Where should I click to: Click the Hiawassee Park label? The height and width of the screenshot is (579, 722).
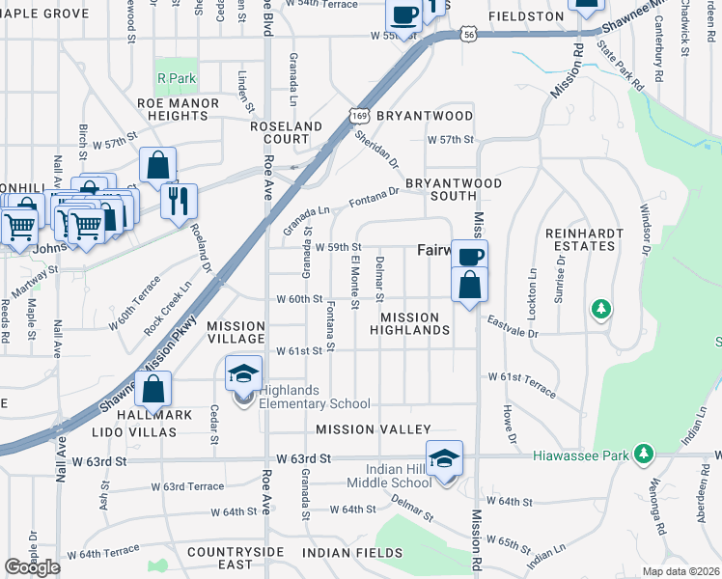[x=580, y=454]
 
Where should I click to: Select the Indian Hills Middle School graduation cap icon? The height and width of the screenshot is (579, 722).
[x=444, y=458]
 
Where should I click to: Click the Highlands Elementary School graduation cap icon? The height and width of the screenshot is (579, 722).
[x=243, y=373]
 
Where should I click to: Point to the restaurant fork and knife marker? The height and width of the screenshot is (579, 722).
[x=179, y=201]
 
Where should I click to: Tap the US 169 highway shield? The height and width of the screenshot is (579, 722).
[x=358, y=115]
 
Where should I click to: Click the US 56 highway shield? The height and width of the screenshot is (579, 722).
[x=468, y=35]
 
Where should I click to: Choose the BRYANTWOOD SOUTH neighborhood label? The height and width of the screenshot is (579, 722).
[x=453, y=189]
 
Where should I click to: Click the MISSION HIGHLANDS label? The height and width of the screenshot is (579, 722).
[x=415, y=323]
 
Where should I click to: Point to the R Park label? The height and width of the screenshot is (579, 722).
[x=175, y=77]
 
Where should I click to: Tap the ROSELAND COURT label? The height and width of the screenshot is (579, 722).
[x=286, y=132]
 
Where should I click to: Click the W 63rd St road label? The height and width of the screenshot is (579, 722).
[x=303, y=459]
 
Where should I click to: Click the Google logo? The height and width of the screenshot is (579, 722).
[x=33, y=567]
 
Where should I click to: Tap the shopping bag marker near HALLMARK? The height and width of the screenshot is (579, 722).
[x=153, y=390]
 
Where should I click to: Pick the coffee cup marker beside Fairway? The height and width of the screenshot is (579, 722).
[x=469, y=257]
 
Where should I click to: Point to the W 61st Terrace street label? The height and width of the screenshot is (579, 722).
[x=521, y=382]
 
